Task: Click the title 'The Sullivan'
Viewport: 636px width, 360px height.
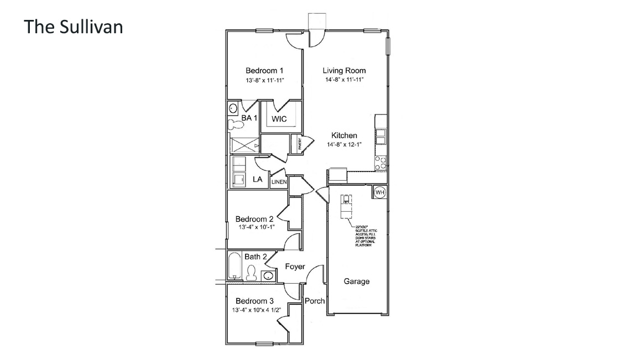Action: (73, 27)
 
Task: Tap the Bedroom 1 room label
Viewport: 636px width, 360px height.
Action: (264, 71)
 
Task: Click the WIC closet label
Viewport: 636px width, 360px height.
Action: (279, 119)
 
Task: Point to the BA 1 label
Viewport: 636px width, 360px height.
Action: (249, 118)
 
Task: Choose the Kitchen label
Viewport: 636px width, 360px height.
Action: (344, 135)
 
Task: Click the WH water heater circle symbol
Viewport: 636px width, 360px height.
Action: (379, 192)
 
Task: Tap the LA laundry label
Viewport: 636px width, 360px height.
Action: (257, 179)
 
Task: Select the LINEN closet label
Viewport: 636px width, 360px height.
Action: (279, 182)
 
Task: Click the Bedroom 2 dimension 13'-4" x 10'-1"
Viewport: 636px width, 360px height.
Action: (256, 227)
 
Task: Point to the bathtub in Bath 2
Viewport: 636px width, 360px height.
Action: (234, 267)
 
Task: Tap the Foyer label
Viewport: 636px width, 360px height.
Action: (295, 267)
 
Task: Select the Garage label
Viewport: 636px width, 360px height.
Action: (356, 281)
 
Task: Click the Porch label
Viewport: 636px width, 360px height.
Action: (315, 301)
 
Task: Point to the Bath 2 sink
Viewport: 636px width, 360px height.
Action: (268, 275)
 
